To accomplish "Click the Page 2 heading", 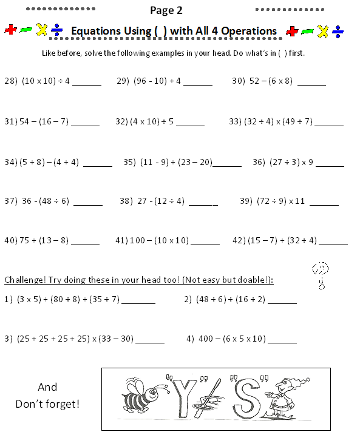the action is pos(166,10).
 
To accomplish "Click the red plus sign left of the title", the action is pos(10,30).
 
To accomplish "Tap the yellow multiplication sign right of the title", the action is pos(323,31).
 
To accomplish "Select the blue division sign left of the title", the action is pos(57,30).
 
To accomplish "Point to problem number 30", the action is pos(237,81).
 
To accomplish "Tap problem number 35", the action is pos(129,162).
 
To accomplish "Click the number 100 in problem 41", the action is pos(138,240).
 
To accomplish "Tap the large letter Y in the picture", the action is pos(183,394).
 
